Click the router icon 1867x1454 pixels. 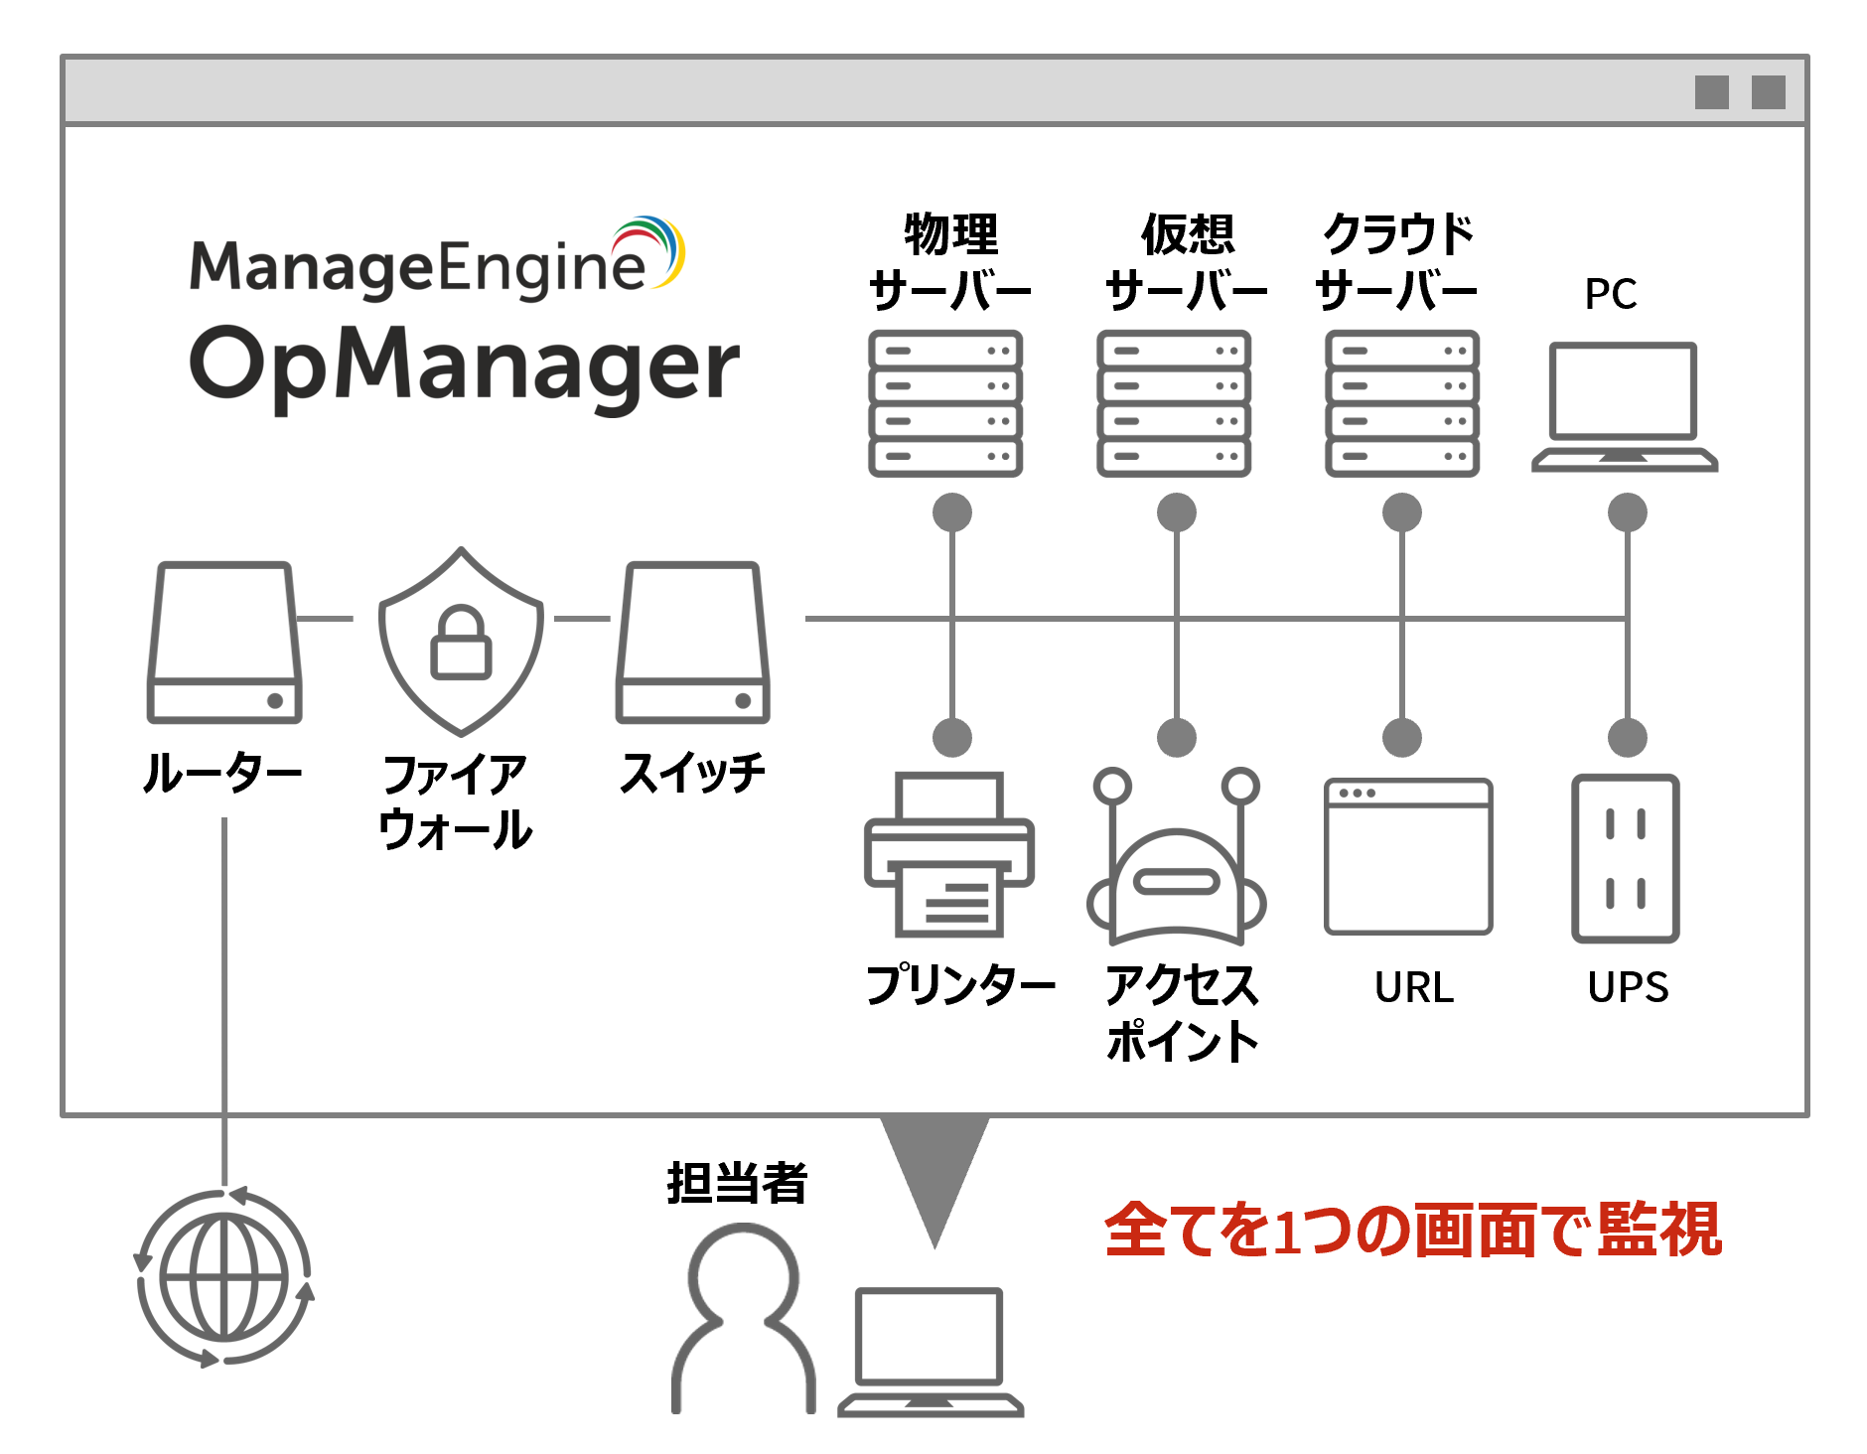click(x=224, y=643)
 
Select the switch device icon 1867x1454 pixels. click(x=692, y=643)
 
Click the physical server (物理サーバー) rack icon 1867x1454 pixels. click(x=945, y=403)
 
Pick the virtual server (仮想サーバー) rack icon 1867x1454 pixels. click(x=1174, y=403)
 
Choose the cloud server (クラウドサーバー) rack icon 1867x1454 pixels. click(x=1402, y=403)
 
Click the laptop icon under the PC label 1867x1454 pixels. click(x=1624, y=405)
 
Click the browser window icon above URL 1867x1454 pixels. click(x=1408, y=856)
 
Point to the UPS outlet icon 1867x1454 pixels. click(x=1626, y=858)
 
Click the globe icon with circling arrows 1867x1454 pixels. click(x=224, y=1277)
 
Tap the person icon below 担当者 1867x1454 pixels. click(x=743, y=1317)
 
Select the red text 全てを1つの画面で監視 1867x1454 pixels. click(x=1412, y=1230)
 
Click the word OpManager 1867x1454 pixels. click(x=464, y=364)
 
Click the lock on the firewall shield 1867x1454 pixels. click(x=461, y=643)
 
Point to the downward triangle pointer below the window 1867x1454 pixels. click(x=934, y=1172)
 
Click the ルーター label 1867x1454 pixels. click(x=222, y=773)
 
